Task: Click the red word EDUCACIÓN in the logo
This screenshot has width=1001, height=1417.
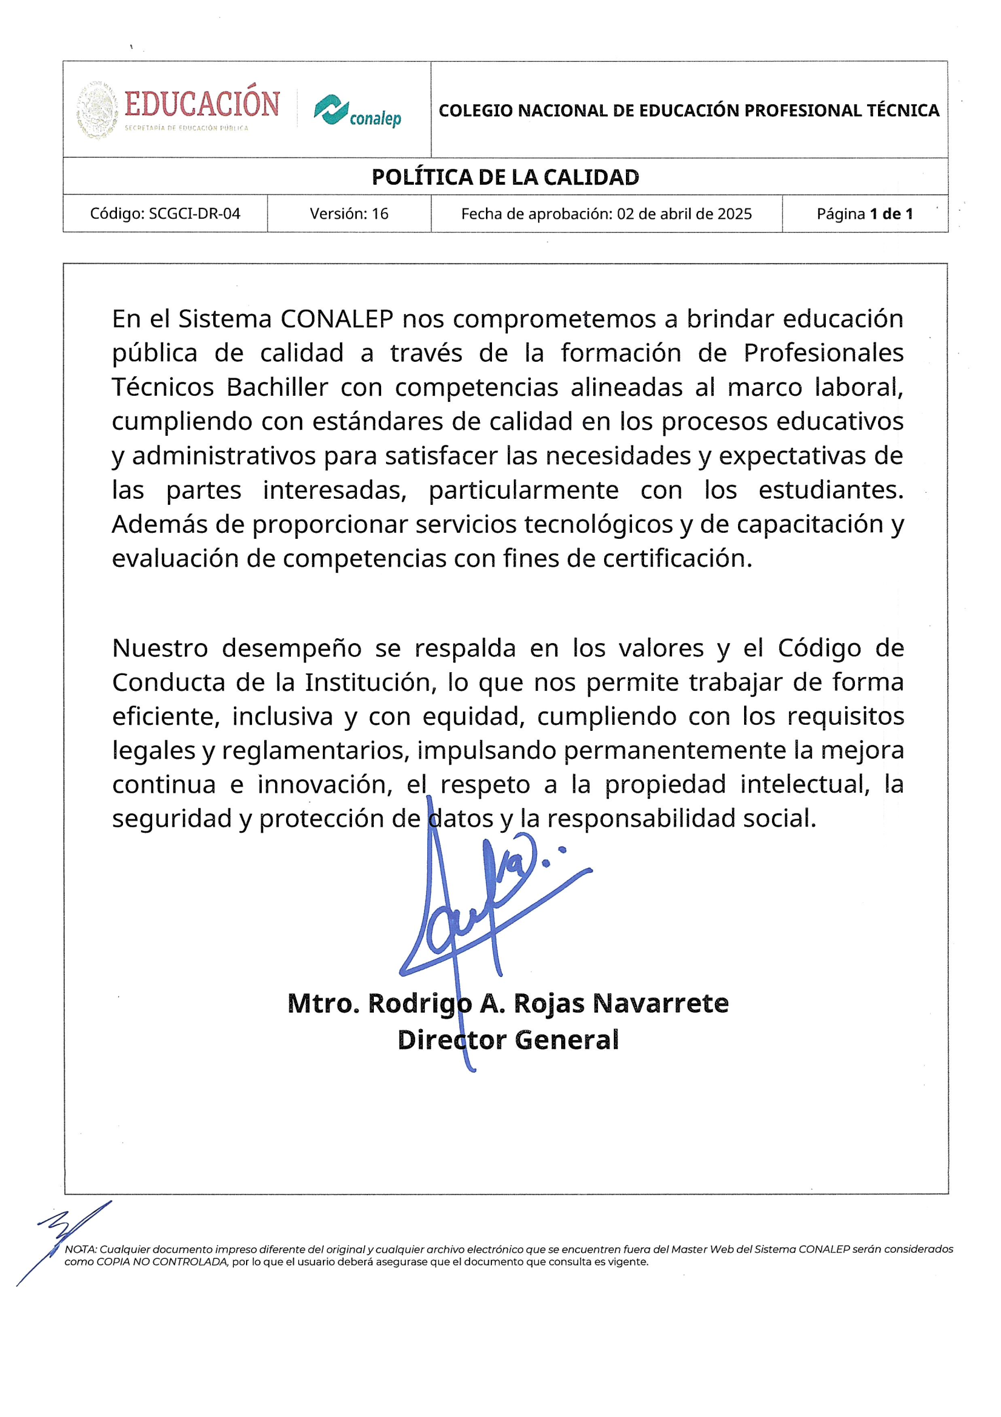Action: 202,104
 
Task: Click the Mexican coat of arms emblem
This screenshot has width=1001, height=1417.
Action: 97,110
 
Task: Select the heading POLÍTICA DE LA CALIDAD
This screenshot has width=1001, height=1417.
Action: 505,177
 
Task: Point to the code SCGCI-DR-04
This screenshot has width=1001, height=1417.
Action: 195,213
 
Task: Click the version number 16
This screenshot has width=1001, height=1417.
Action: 379,213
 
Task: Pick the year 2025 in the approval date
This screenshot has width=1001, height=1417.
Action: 734,213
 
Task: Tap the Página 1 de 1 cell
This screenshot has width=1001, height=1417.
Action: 864,213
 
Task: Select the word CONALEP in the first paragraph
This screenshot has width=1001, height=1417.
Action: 336,319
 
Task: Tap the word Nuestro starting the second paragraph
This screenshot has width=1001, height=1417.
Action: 160,648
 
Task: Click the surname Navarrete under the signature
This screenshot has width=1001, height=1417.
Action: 660,1004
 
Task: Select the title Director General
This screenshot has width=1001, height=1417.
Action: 508,1040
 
